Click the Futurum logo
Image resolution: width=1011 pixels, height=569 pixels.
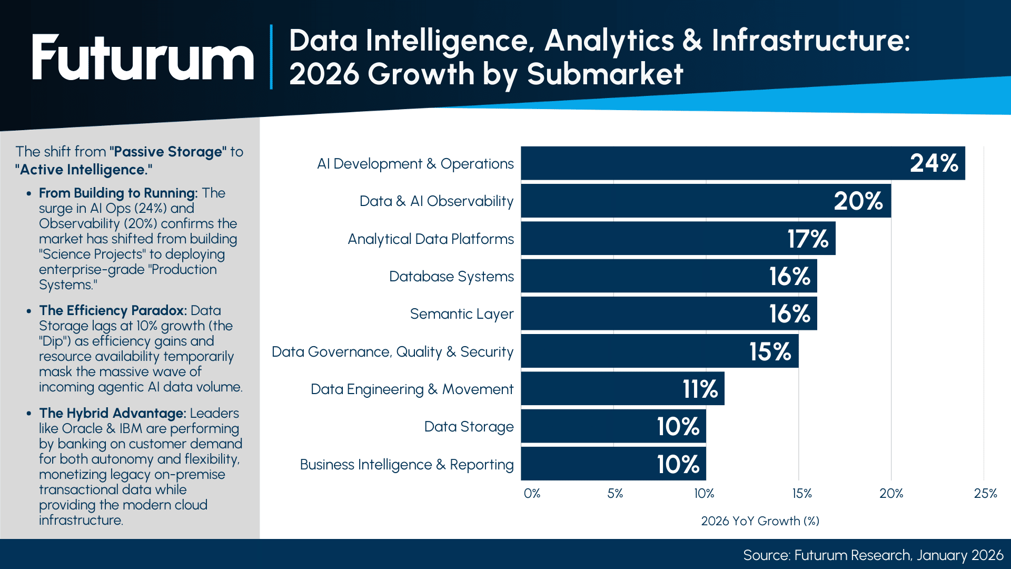tap(142, 57)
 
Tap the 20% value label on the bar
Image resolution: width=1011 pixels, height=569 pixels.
tap(858, 201)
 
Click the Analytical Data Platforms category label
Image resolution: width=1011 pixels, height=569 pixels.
tap(430, 239)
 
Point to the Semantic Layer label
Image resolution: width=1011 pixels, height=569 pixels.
tap(461, 314)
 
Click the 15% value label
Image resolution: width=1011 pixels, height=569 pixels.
tap(770, 351)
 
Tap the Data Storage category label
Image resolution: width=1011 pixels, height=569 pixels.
tap(469, 427)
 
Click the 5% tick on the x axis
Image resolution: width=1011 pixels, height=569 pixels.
tap(614, 494)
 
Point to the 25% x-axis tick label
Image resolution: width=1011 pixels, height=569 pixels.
tap(985, 494)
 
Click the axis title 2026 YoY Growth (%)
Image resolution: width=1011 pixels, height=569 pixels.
tap(760, 521)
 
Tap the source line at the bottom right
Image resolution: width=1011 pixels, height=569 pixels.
tap(873, 555)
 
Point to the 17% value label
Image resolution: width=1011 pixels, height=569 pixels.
tap(807, 239)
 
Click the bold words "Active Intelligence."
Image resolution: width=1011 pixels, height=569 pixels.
tap(84, 170)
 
